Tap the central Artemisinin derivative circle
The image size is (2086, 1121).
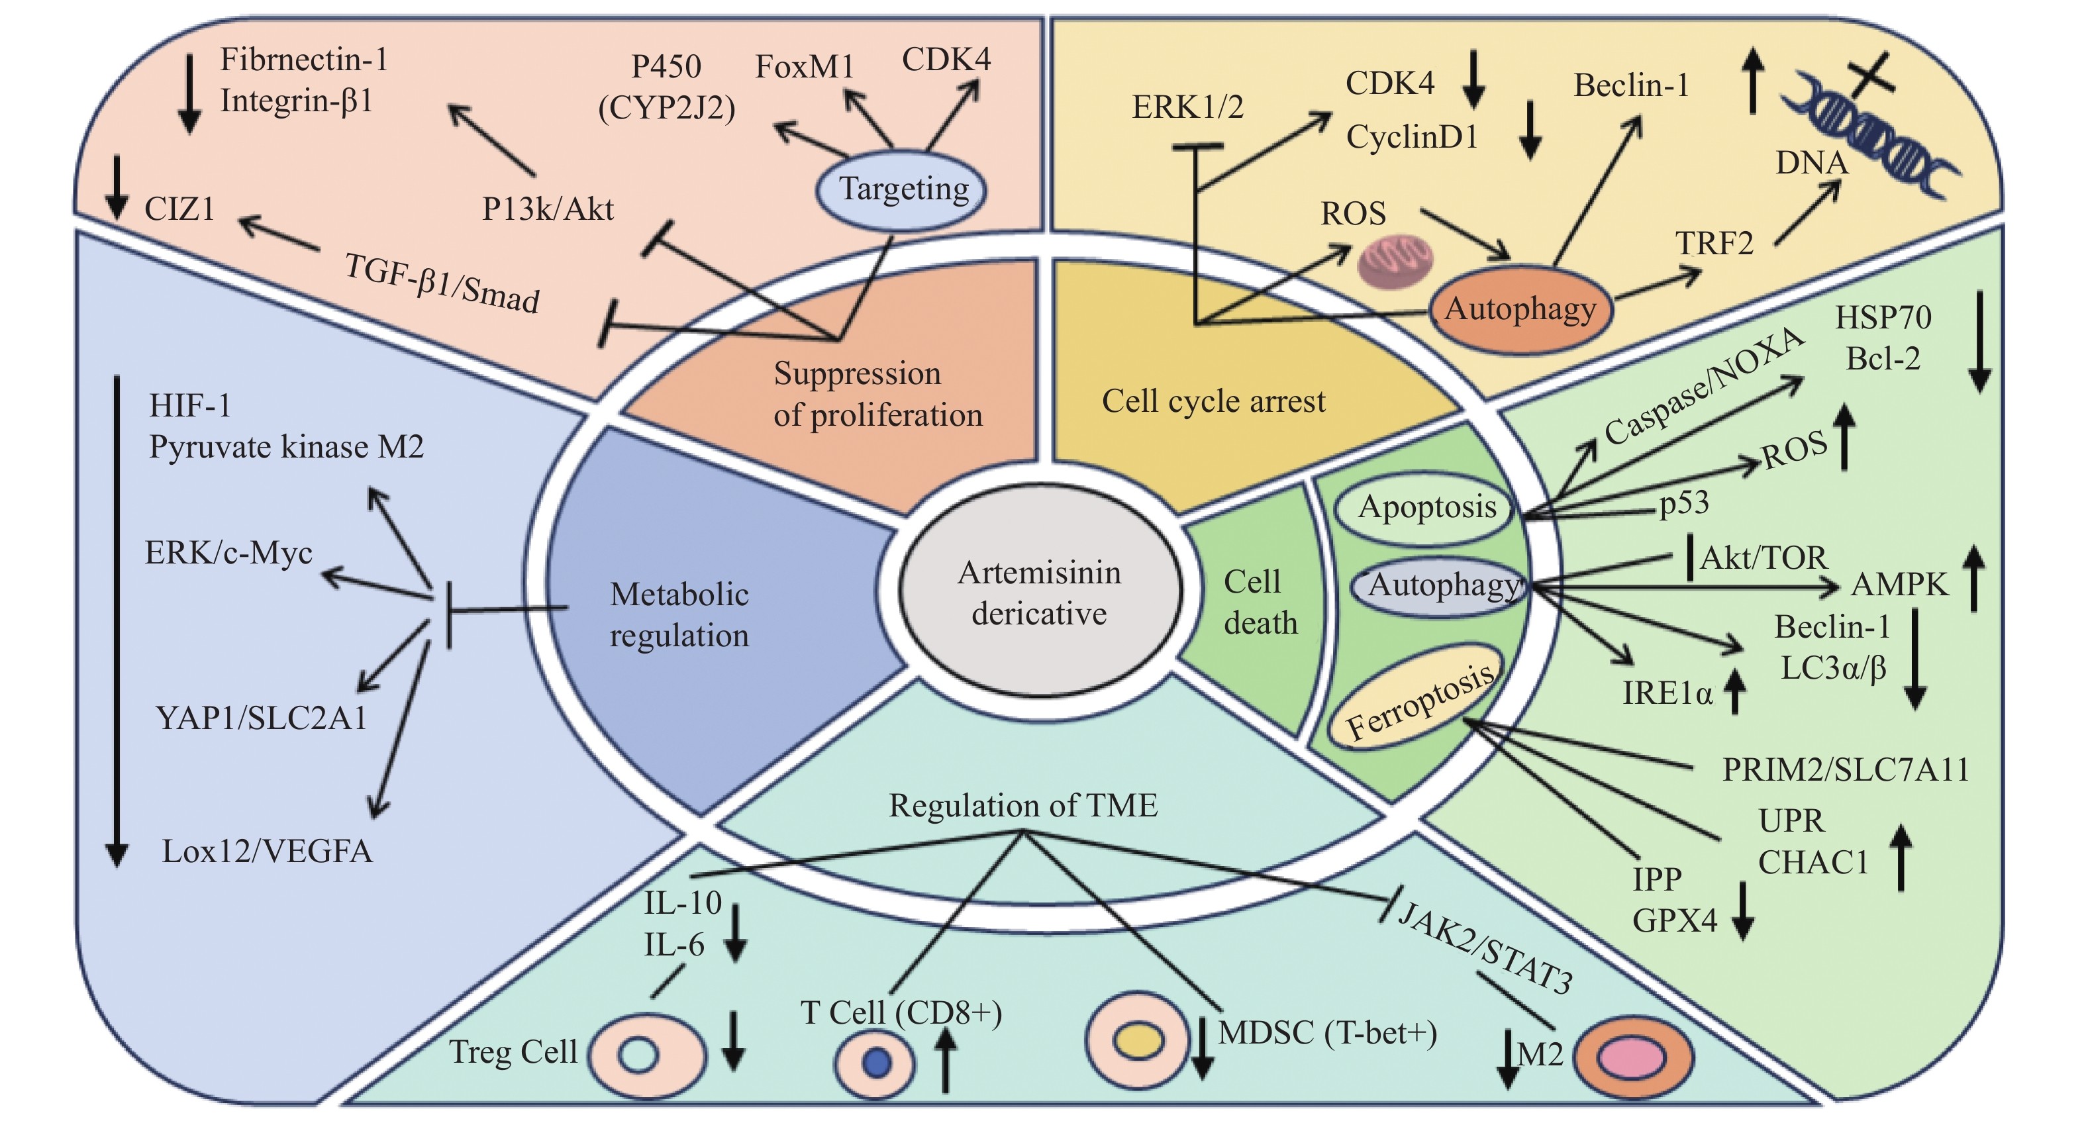1040,592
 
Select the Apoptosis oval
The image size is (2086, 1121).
1427,508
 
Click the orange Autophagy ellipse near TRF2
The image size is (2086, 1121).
1520,309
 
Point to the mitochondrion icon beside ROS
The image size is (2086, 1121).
1395,262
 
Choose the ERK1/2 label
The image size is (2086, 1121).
1187,107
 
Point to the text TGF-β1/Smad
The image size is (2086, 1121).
442,283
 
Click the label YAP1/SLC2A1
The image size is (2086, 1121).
261,718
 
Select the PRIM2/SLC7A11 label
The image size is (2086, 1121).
1846,769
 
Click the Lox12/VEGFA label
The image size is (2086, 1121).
268,852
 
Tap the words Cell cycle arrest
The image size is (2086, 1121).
1213,401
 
